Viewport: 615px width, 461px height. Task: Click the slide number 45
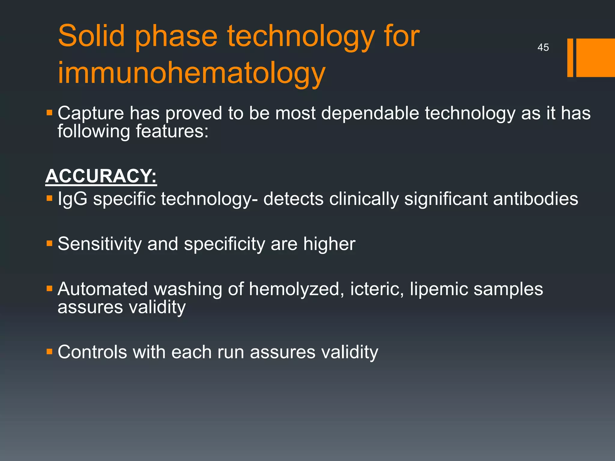point(543,47)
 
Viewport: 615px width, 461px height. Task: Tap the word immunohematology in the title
point(192,73)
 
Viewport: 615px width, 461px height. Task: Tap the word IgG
point(72,199)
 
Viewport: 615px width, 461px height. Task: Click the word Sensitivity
point(99,244)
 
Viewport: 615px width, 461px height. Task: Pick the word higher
point(329,244)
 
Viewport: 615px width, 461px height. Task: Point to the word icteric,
point(377,289)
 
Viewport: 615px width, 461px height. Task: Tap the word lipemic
point(439,289)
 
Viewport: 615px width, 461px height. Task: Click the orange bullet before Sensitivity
point(50,243)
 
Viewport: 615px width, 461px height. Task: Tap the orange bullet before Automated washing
point(50,289)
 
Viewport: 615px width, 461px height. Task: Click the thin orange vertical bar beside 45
point(570,58)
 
